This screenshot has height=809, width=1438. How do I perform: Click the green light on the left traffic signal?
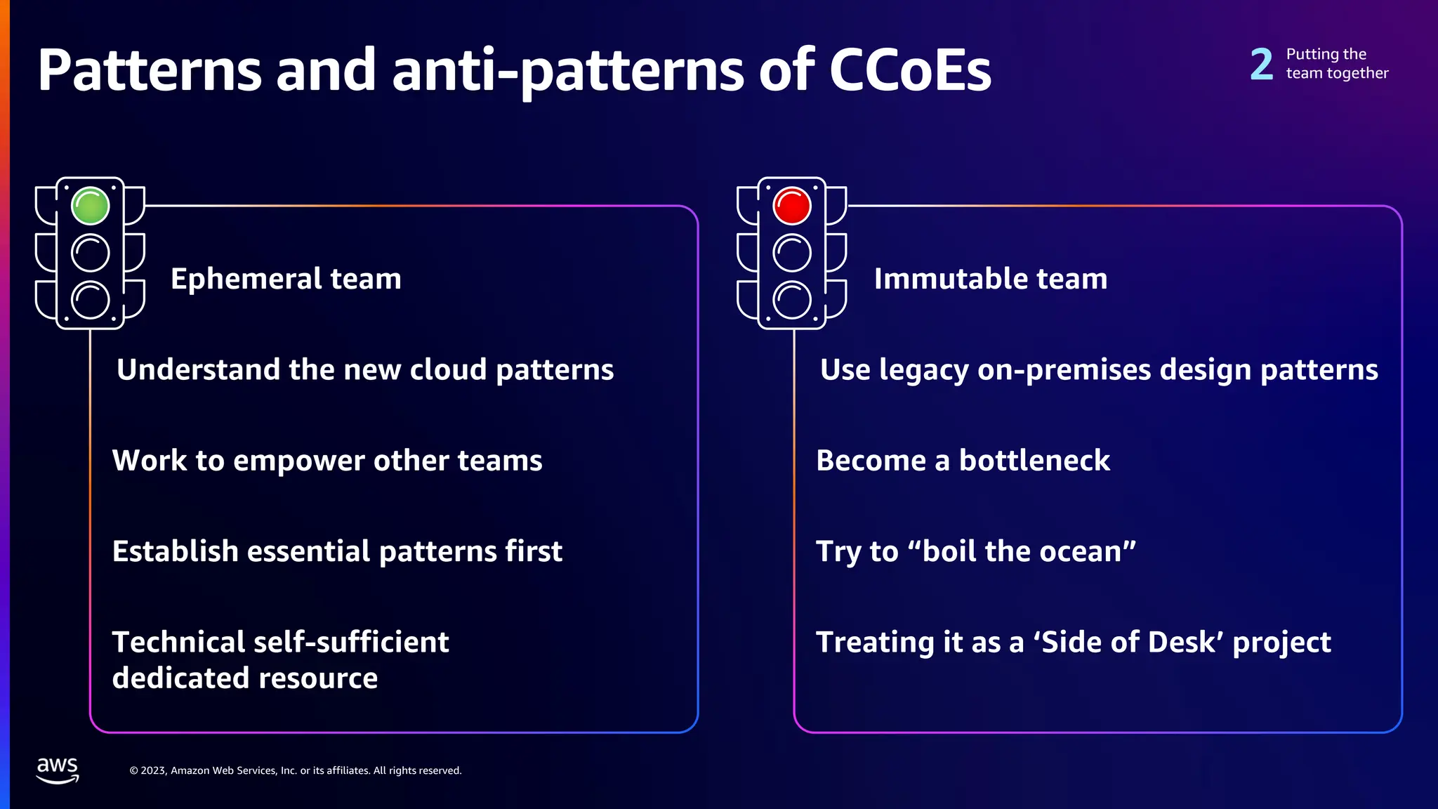click(91, 206)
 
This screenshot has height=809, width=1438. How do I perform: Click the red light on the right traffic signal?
click(792, 206)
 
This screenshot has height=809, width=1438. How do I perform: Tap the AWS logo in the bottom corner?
click(58, 770)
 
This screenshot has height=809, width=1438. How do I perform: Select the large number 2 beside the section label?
click(1262, 64)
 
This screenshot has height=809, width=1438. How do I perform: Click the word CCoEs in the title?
click(910, 70)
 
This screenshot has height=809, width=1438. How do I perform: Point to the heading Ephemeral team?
click(286, 279)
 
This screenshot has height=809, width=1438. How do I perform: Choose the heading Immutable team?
click(990, 279)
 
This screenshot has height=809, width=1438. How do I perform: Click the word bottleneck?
click(1034, 461)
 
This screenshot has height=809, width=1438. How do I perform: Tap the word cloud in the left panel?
click(447, 369)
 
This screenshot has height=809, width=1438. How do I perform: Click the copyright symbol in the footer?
click(133, 770)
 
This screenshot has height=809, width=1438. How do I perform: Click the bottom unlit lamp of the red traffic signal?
click(792, 300)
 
